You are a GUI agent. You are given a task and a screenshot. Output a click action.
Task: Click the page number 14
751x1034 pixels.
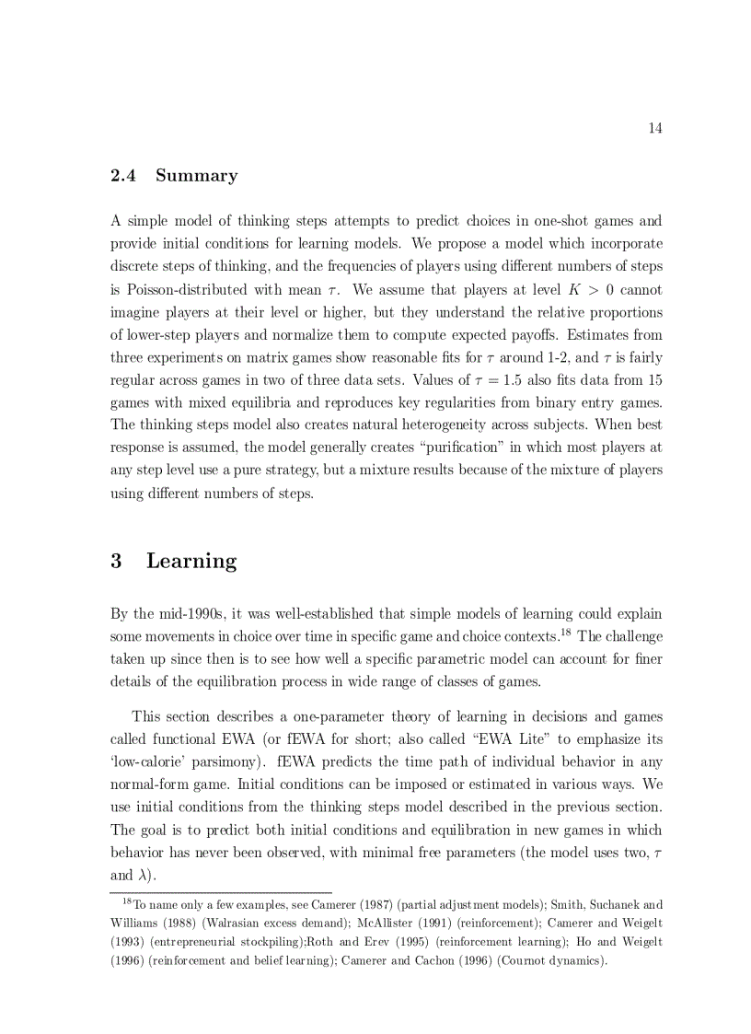tap(655, 128)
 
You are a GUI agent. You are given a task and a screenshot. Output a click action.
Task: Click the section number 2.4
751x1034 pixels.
tap(122, 176)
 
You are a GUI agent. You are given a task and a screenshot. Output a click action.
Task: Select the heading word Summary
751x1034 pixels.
tap(196, 176)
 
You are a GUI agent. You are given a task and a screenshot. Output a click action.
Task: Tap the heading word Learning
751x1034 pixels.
tap(191, 562)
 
